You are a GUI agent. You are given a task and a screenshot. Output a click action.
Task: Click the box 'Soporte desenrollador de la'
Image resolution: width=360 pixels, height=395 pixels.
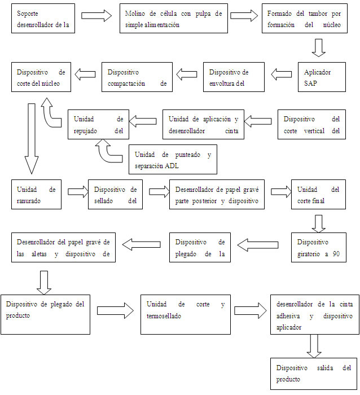pyautogui.click(x=43, y=18)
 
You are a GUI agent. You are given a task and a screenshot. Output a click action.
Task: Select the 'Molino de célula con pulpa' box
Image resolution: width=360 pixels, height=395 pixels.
pyautogui.click(x=174, y=18)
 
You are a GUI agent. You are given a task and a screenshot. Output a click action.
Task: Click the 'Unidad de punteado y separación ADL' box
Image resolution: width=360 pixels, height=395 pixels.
pyautogui.click(x=173, y=160)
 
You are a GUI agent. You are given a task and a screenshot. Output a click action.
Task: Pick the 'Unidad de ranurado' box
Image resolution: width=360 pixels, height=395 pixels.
pyautogui.click(x=37, y=195)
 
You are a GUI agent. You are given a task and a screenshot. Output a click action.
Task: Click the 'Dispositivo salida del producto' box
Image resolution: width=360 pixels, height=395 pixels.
pyautogui.click(x=314, y=374)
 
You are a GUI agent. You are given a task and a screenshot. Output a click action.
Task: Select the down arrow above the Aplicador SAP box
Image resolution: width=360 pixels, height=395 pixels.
pyautogui.click(x=319, y=47)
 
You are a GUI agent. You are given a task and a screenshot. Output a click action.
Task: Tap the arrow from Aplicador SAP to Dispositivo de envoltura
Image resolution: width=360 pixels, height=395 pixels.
pyautogui.click(x=280, y=73)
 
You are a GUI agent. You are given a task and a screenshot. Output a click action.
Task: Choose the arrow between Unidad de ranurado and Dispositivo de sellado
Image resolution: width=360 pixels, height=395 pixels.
pyautogui.click(x=74, y=192)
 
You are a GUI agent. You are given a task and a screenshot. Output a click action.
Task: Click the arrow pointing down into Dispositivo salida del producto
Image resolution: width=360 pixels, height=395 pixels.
pyautogui.click(x=312, y=345)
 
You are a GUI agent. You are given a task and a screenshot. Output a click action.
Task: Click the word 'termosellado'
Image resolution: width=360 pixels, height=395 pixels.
pyautogui.click(x=164, y=317)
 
